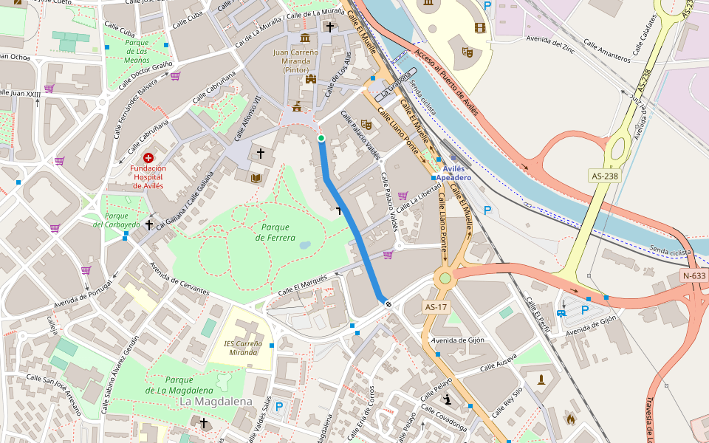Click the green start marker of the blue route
click(321, 138)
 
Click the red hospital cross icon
click(148, 158)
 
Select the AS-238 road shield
click(604, 176)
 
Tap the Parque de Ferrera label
click(275, 233)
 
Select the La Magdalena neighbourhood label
click(215, 401)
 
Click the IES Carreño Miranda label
click(243, 348)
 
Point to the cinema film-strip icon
click(481, 28)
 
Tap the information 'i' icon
click(447, 400)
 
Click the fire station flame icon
click(570, 419)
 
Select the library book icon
click(256, 178)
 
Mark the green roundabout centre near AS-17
click(445, 278)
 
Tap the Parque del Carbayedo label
click(117, 219)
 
